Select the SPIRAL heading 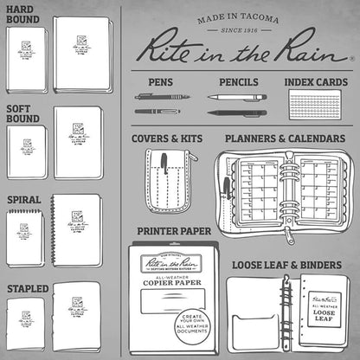(x=24, y=199)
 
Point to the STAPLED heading (x=27, y=287)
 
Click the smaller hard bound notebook (x=26, y=61)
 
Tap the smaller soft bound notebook (x=27, y=152)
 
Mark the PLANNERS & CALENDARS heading (x=286, y=138)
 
